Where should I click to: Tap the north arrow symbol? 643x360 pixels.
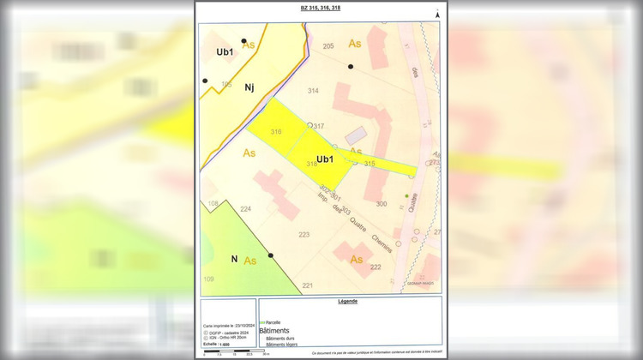[436, 14]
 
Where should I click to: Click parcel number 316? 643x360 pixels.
[276, 132]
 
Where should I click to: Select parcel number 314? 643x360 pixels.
[313, 91]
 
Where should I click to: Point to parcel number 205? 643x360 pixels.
[328, 45]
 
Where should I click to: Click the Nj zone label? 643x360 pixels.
[249, 87]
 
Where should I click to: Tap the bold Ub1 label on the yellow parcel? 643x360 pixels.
[325, 159]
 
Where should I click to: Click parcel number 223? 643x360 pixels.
[303, 234]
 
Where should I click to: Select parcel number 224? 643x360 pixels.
[245, 209]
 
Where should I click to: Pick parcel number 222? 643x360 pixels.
[376, 267]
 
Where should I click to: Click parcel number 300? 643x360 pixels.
[382, 204]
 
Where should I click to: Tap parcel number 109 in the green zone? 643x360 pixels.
[208, 280]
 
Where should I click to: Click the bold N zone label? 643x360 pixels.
[233, 259]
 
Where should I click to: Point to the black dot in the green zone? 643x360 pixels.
[271, 255]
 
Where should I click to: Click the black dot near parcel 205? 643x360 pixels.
[351, 66]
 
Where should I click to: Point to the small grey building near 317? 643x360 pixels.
[355, 136]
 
